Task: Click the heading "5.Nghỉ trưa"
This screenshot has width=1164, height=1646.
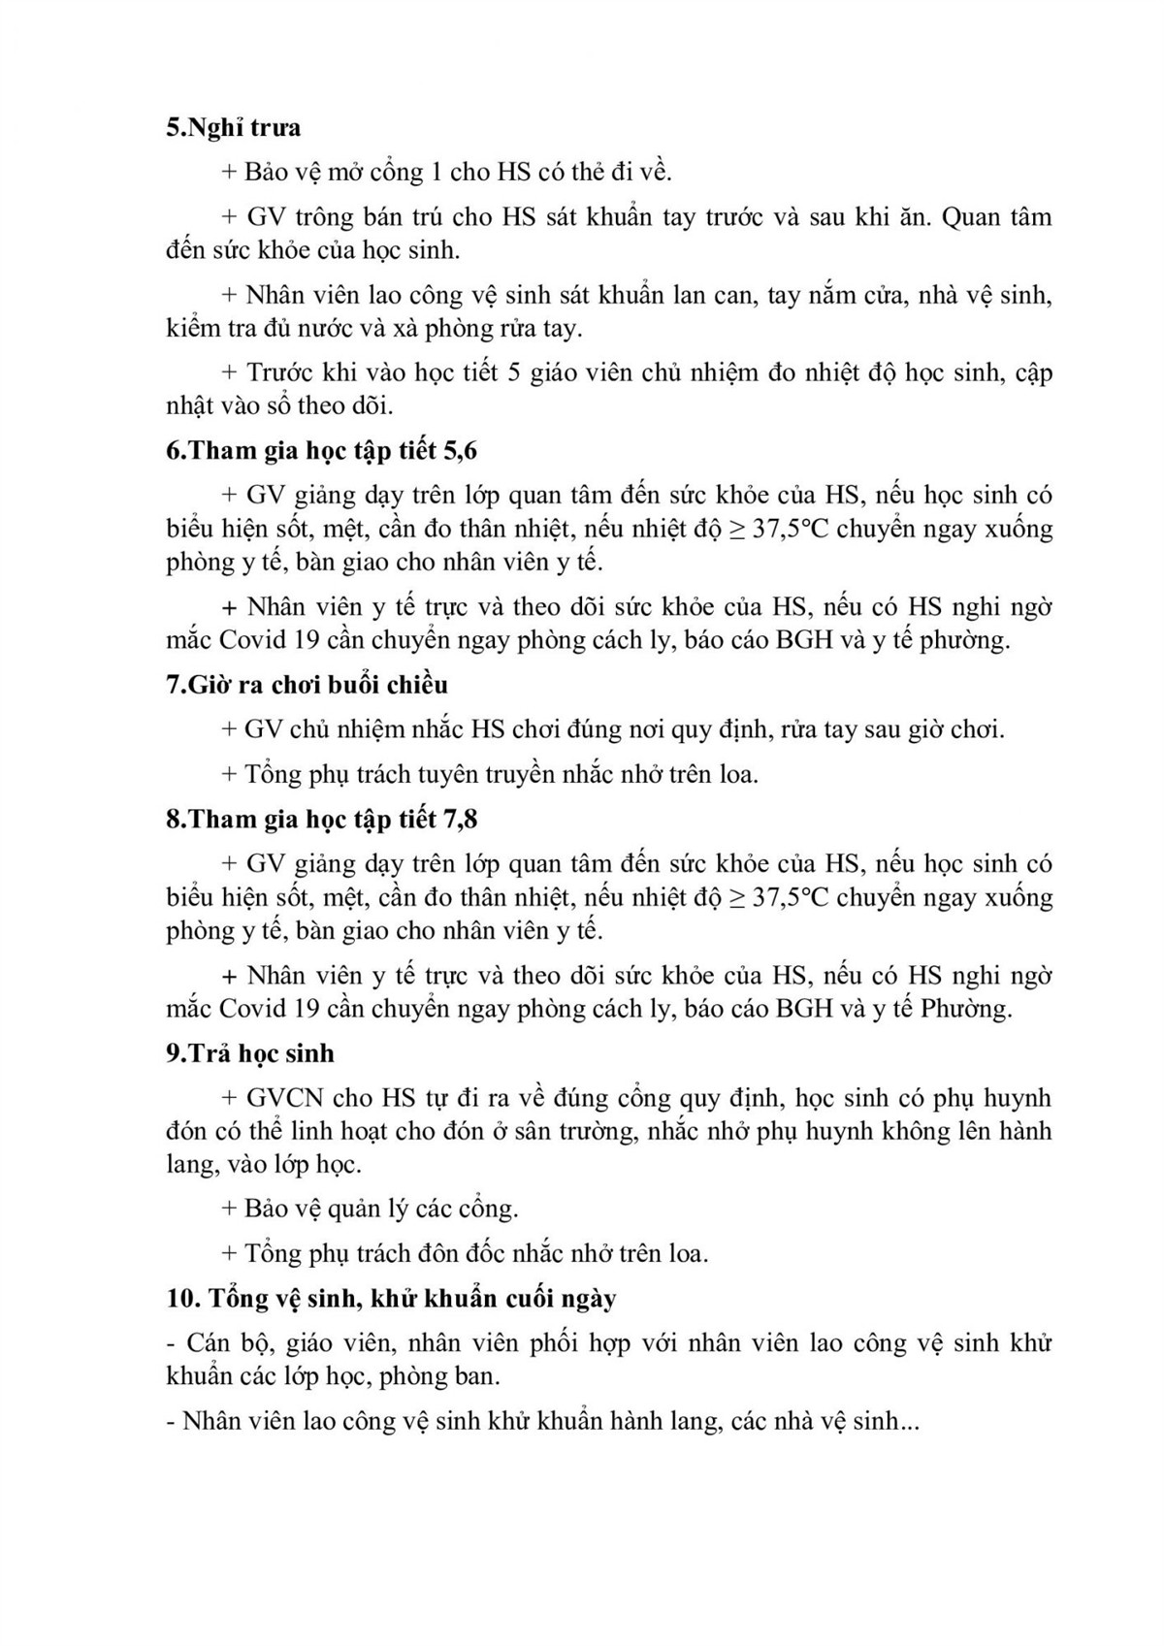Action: (233, 128)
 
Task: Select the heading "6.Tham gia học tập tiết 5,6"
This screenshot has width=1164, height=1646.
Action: (321, 451)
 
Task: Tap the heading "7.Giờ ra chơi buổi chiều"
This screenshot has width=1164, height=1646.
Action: (307, 685)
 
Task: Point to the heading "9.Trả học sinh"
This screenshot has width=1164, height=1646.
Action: (250, 1053)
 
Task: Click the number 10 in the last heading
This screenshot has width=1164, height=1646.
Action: (180, 1299)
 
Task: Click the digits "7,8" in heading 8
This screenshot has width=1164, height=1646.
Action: (460, 820)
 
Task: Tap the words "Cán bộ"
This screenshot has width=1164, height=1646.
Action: (218, 1343)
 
